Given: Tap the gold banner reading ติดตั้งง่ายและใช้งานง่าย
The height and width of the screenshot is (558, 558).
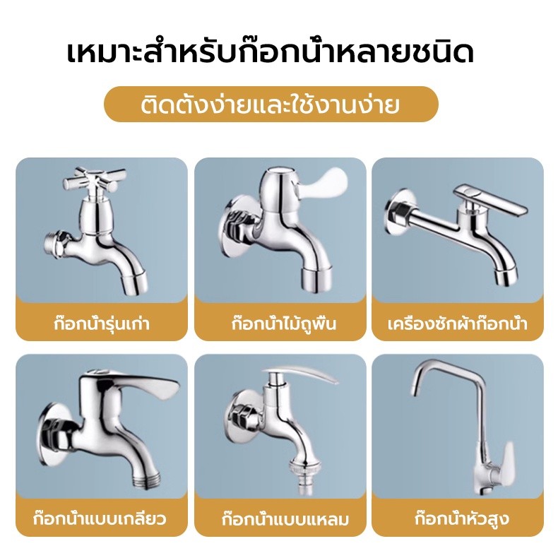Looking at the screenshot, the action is [x=271, y=105].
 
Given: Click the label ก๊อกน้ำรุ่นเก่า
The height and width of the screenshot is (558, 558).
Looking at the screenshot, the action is [x=102, y=323].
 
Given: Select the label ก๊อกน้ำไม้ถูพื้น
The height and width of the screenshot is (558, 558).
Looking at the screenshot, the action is [x=284, y=323].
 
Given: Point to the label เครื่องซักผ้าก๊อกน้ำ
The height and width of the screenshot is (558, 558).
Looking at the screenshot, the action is [x=458, y=323].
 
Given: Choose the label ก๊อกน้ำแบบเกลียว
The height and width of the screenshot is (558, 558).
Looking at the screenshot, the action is [x=100, y=518].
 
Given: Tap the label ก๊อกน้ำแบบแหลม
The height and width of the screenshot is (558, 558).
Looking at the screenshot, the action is [x=285, y=520].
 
